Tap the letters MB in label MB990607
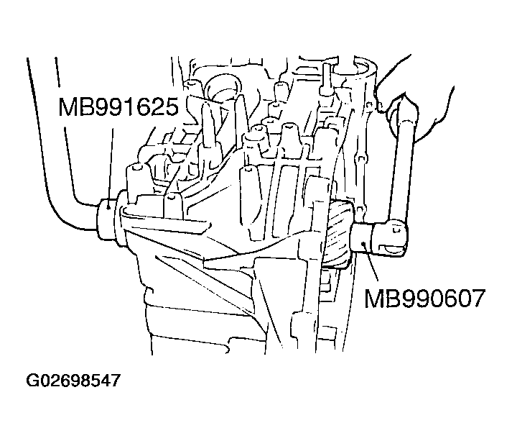point(380,297)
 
